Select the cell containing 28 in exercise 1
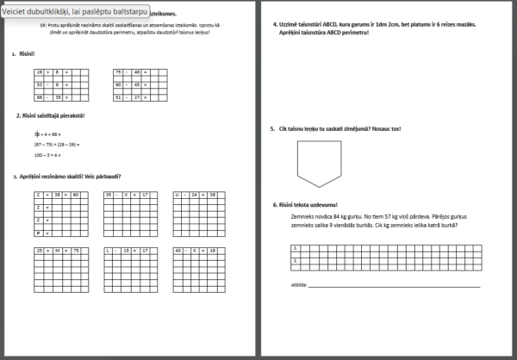[x=40, y=71]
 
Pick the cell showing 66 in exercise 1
[x=40, y=97]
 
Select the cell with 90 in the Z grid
[x=75, y=196]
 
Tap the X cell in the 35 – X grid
[x=129, y=196]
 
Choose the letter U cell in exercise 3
[x=178, y=196]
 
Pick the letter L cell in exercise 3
[x=109, y=250]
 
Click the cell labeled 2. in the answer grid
[x=296, y=258]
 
